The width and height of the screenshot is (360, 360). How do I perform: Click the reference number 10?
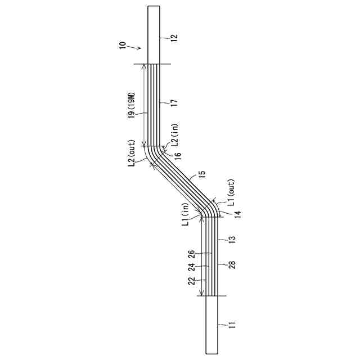pyautogui.click(x=123, y=45)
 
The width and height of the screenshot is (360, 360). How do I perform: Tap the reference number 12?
pyautogui.click(x=174, y=38)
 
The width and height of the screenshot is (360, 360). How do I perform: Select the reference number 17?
pyautogui.click(x=174, y=103)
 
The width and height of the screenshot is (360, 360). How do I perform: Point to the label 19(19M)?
pyautogui.click(x=132, y=106)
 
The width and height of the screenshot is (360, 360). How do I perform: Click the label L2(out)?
pyautogui.click(x=132, y=153)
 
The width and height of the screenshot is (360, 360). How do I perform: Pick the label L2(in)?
pyautogui.click(x=175, y=136)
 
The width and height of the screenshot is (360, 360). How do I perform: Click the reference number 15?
pyautogui.click(x=202, y=174)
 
